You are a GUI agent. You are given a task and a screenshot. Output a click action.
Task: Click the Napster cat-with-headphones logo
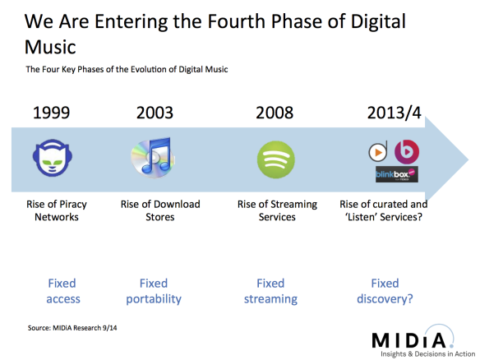click(57, 159)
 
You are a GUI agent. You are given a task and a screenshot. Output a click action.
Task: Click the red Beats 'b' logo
click(407, 152)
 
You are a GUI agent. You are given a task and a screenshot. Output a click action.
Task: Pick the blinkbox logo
click(396, 174)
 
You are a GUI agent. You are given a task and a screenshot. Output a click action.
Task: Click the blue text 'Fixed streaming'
click(270, 291)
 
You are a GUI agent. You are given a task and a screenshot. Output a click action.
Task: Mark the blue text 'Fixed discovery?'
click(385, 291)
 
